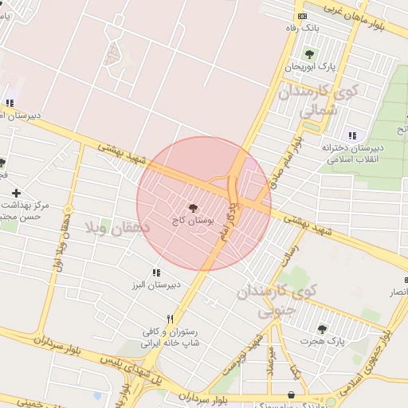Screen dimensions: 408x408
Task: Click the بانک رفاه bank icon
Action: [302, 17]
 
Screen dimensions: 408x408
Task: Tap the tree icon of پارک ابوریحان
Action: [308, 53]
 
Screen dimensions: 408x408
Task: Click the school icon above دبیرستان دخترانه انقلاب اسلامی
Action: [352, 135]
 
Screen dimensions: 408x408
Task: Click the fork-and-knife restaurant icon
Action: [170, 319]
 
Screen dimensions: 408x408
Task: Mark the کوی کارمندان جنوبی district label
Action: [276, 299]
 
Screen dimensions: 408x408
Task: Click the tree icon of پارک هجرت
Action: [322, 329]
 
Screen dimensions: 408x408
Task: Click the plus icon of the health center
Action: [16, 193]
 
